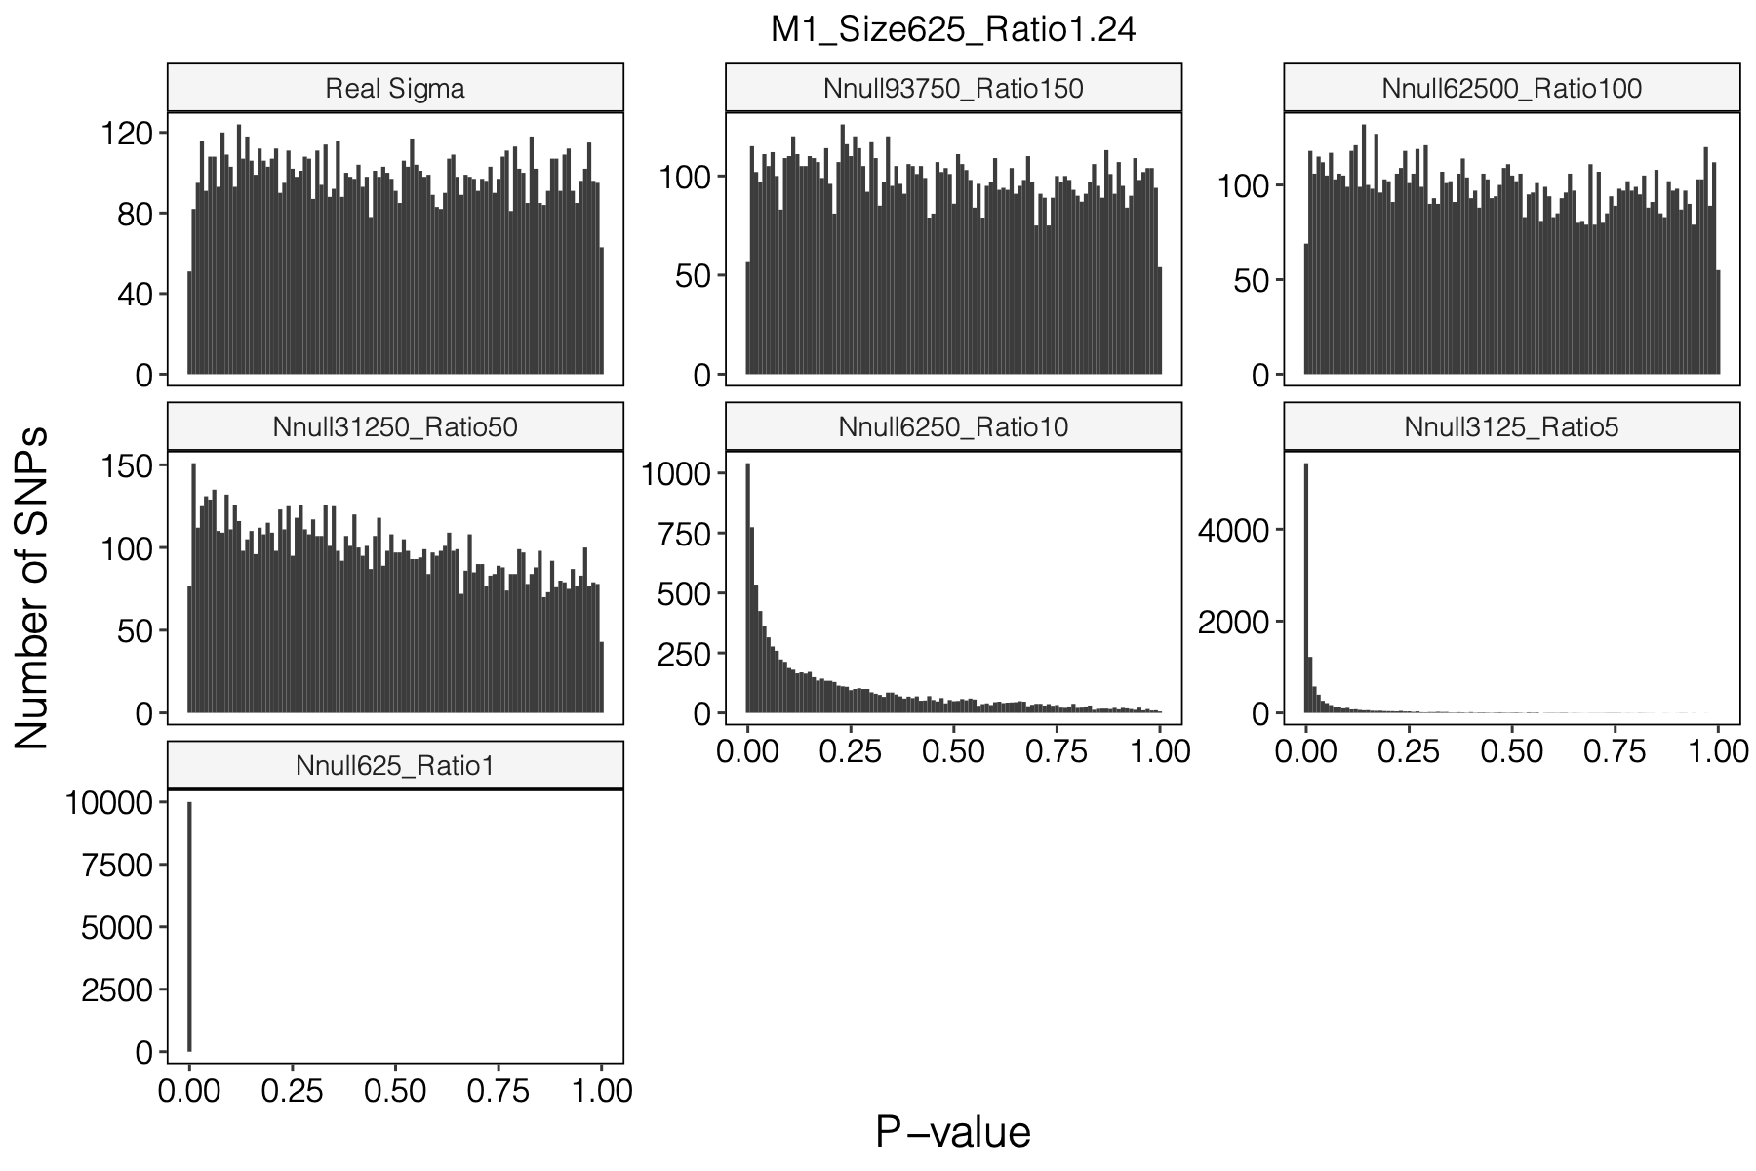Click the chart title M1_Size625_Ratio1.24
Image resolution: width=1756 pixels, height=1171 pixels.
click(x=953, y=30)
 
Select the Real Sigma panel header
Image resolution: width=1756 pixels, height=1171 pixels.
click(x=395, y=89)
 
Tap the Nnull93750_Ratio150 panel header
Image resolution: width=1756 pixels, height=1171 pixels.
click(x=953, y=89)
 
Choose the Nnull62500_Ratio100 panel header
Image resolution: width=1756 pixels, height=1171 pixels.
click(x=1511, y=89)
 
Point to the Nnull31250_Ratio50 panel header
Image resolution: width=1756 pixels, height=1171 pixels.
click(x=395, y=427)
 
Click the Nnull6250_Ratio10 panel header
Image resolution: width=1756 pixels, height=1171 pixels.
click(x=953, y=427)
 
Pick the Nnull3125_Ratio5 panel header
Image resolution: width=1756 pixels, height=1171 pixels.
click(x=1511, y=427)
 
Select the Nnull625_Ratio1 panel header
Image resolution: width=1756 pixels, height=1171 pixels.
click(x=395, y=766)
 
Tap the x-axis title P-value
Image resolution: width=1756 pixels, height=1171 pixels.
click(x=953, y=1133)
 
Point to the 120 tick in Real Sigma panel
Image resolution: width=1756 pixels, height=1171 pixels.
click(x=128, y=133)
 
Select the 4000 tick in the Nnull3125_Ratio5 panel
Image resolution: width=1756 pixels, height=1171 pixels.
click(x=1233, y=531)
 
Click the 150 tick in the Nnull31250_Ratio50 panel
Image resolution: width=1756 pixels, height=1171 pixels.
click(x=128, y=466)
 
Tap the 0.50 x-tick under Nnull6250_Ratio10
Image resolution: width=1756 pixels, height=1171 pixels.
click(x=953, y=751)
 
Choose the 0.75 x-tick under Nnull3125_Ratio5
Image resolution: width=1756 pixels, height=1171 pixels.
click(x=1615, y=751)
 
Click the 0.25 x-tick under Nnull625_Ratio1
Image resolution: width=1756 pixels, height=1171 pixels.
click(x=292, y=1090)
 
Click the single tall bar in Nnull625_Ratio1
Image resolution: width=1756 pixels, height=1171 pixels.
click(x=189, y=927)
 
